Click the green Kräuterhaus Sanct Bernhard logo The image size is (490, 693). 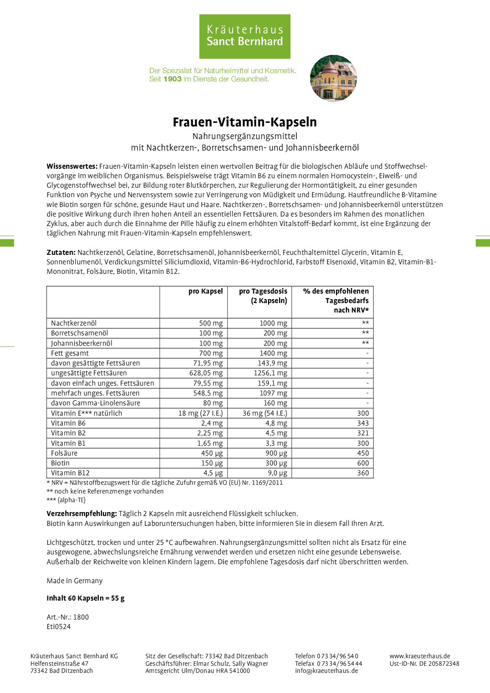point(245,36)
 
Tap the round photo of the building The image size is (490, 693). point(334,78)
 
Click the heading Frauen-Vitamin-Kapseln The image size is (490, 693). point(245,122)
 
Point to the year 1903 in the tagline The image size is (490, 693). point(172,79)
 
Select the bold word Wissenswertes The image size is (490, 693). point(72,166)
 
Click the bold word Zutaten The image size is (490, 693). point(61,252)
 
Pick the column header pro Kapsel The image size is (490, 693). point(205,291)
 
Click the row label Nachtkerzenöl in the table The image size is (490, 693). point(74,323)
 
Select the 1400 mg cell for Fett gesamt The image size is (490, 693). point(273,353)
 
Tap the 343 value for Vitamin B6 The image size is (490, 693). point(363,423)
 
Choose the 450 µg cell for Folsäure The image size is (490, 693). point(212,453)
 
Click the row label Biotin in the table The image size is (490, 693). point(60,463)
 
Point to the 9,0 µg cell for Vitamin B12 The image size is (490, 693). point(277,473)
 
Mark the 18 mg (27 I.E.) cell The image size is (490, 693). point(200,413)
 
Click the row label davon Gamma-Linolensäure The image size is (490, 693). point(96,403)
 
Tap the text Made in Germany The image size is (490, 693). point(75,581)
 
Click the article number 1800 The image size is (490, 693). point(81,617)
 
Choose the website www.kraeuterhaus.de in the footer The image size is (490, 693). point(420,656)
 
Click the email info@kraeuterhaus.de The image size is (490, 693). point(326,671)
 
